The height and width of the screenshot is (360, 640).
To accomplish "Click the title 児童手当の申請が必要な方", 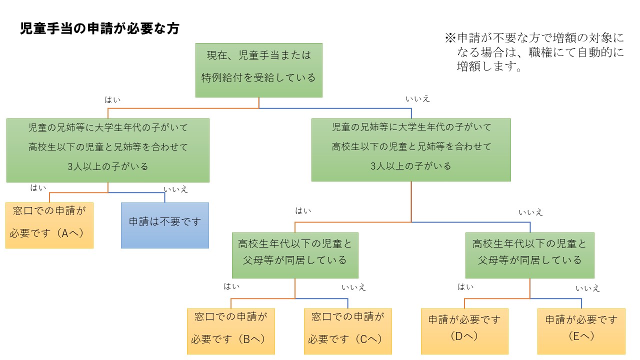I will (x=99, y=28).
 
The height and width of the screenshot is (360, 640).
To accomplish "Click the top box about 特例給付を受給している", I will (x=258, y=70).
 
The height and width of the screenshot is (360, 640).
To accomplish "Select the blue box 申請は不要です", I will (x=165, y=225).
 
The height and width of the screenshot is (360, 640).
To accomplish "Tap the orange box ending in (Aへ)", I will (x=49, y=225).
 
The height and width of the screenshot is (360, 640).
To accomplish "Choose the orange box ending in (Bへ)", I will (x=231, y=331).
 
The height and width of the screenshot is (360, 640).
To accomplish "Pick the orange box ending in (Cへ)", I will (x=348, y=331).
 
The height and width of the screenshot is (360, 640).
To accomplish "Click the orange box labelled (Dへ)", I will (x=464, y=331).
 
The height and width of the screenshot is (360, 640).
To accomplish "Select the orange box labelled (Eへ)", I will (x=581, y=331).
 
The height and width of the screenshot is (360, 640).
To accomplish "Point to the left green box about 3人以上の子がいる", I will (x=108, y=150).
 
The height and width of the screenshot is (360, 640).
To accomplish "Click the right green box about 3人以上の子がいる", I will (x=411, y=150).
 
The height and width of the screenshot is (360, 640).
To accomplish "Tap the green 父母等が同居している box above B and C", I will (x=295, y=255).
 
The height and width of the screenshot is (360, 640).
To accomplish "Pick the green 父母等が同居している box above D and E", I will (x=530, y=255).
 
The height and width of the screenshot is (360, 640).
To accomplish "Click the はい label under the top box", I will (x=112, y=100).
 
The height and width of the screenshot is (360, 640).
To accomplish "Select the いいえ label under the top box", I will (x=417, y=99).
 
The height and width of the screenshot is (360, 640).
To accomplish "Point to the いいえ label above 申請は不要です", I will (x=175, y=189).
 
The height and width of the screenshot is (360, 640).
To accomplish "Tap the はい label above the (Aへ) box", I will (x=38, y=188).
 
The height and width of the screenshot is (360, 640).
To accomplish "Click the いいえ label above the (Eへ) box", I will (x=587, y=288).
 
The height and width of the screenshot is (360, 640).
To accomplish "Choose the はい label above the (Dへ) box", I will (x=466, y=287).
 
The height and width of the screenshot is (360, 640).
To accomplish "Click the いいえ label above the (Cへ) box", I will (x=353, y=287).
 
